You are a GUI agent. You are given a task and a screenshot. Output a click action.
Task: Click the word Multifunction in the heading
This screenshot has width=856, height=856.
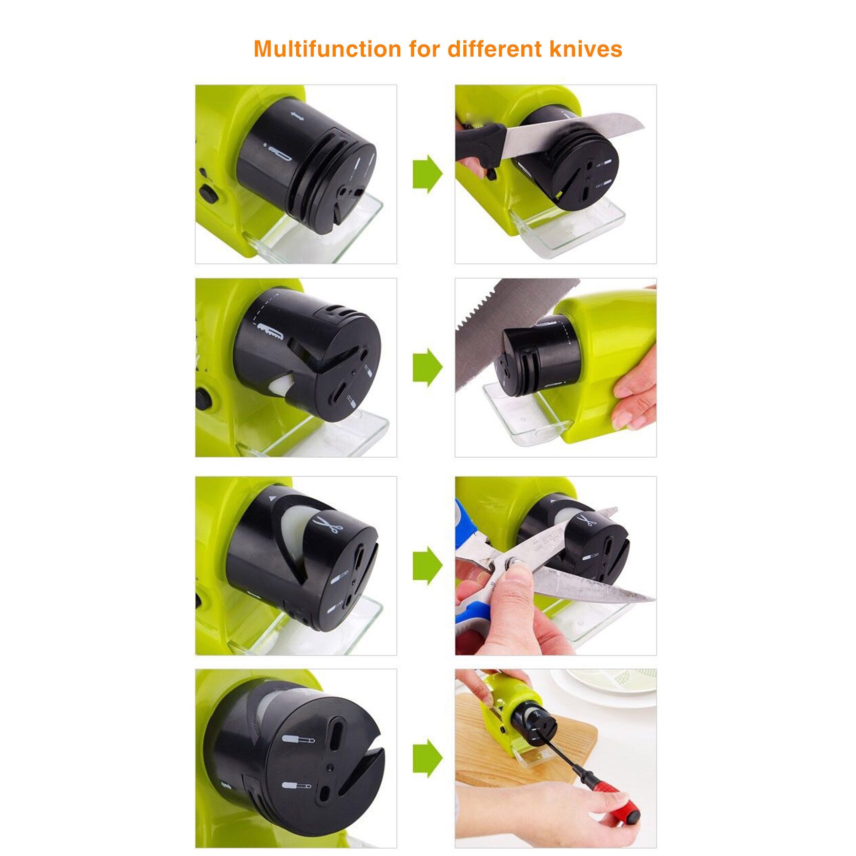point(328,49)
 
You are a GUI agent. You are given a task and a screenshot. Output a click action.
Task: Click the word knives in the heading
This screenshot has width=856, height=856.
point(585,49)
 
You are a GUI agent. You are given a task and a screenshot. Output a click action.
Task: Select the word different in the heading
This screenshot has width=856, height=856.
point(494,49)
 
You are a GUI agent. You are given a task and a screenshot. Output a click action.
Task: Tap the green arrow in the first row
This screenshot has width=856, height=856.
point(427,174)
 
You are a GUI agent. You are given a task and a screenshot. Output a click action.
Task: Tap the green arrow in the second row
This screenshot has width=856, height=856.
point(427,367)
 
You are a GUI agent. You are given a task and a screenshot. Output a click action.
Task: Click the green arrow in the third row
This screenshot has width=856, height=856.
point(427,565)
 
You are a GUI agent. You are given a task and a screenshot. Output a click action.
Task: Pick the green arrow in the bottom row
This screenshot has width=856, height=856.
point(427,758)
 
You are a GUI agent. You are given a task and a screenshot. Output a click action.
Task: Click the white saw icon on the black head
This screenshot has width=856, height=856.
point(270,331)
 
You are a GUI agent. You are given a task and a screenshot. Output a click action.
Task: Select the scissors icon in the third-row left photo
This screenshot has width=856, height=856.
point(327,525)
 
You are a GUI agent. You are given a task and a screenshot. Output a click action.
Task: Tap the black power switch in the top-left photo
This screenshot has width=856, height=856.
point(208,194)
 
